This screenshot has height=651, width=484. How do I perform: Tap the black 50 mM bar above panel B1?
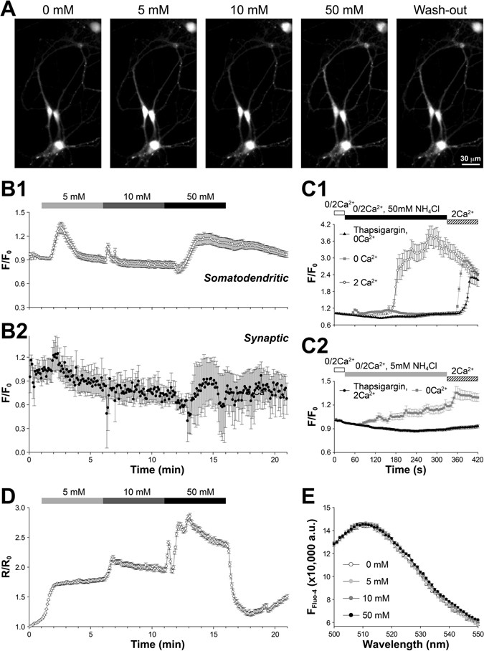tap(194, 206)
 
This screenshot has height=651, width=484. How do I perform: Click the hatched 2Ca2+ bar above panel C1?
tap(462, 222)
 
